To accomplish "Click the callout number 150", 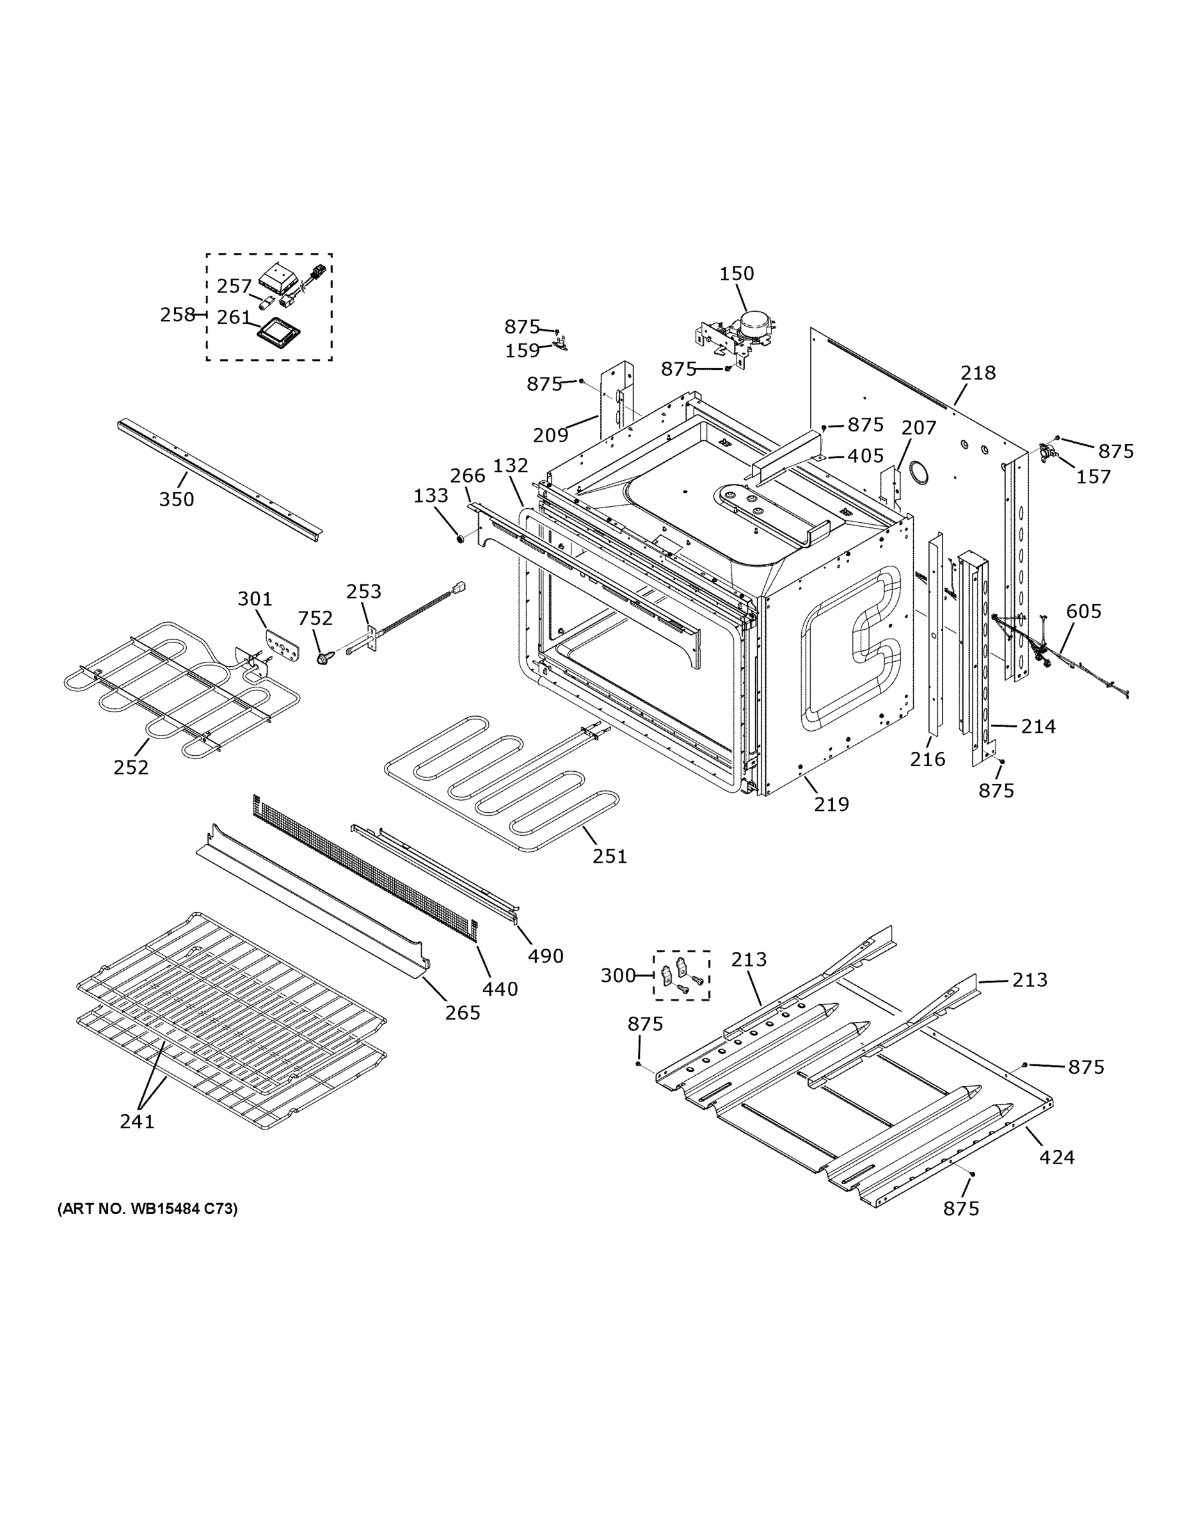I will (x=737, y=273).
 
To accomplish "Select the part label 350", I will (x=176, y=499).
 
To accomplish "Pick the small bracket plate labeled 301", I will (x=284, y=643).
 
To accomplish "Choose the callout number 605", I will (x=1083, y=611).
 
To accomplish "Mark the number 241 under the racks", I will (x=136, y=1122).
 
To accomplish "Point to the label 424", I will (x=1056, y=1157).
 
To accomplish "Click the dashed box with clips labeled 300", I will (x=681, y=975).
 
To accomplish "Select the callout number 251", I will (x=609, y=856).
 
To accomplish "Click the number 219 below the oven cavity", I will (x=831, y=804).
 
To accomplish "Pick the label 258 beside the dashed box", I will (x=177, y=314).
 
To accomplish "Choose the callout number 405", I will (x=865, y=456).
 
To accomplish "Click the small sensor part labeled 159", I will (x=561, y=344).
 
